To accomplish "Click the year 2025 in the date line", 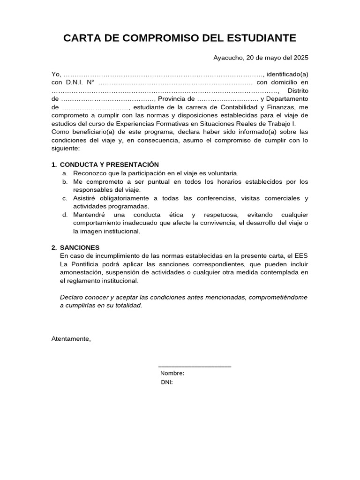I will [301, 58].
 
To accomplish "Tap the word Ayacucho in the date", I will [228, 58].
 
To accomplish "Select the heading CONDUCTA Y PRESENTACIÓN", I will [109, 165].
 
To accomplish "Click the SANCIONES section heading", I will [80, 247].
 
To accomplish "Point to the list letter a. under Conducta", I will [65, 173].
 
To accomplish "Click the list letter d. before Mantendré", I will [65, 215].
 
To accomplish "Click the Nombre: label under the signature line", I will [172, 374].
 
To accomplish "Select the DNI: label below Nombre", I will [166, 382].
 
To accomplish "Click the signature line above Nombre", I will [195, 366].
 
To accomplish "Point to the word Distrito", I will [298, 90].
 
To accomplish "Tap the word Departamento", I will [287, 99].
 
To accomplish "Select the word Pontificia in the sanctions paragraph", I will [88, 264].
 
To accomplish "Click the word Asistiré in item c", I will [85, 198].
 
